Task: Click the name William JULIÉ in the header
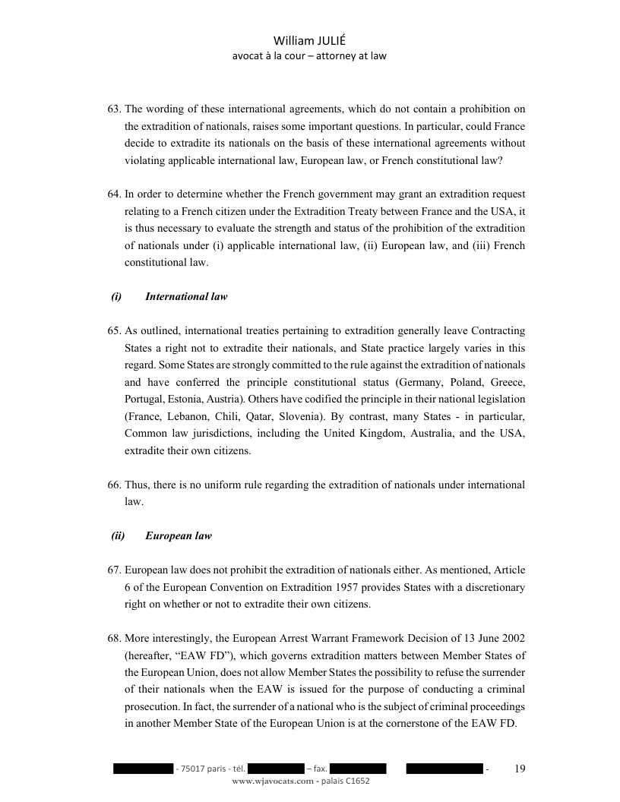pos(309,42)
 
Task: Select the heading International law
pos(186,297)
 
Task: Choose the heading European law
pos(179,536)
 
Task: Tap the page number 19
pos(520,769)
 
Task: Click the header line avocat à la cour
pos(270,56)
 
